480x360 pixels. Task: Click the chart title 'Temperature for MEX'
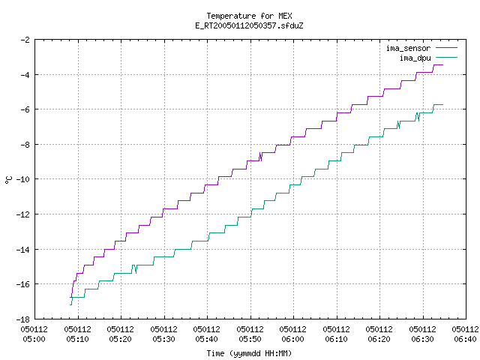(249, 16)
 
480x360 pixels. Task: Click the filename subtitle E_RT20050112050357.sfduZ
(249, 25)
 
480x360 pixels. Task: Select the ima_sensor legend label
(408, 48)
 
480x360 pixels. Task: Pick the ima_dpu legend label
(415, 58)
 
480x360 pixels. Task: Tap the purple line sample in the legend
(447, 48)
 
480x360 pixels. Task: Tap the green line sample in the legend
(447, 58)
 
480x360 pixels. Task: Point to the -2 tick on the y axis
(25, 40)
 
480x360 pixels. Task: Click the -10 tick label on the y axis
(22, 179)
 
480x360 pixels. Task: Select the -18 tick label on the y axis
(22, 319)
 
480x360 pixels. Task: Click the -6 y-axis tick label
(25, 109)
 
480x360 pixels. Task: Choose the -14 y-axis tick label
(22, 250)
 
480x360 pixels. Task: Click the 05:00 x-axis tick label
(34, 334)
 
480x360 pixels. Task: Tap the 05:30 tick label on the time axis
(163, 334)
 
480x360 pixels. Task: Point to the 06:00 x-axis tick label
(293, 334)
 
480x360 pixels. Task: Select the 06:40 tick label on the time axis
(465, 334)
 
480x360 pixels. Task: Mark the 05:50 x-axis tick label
(250, 334)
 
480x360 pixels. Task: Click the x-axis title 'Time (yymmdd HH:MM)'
(249, 353)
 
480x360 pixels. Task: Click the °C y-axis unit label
(8, 180)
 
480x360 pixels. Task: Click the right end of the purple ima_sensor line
(442, 65)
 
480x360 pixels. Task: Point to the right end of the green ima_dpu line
(442, 105)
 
